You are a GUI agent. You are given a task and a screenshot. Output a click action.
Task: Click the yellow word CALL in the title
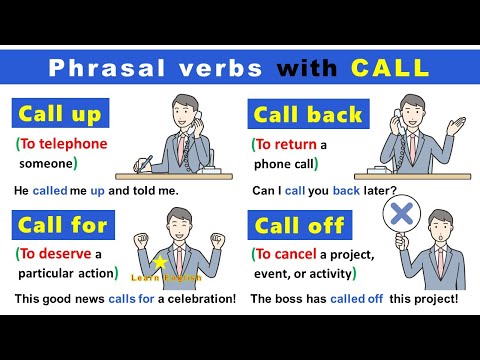pyautogui.click(x=389, y=68)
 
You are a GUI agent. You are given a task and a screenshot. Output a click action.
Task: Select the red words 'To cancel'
pyautogui.click(x=289, y=252)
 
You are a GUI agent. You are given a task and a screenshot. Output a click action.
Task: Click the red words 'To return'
pyautogui.click(x=286, y=144)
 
